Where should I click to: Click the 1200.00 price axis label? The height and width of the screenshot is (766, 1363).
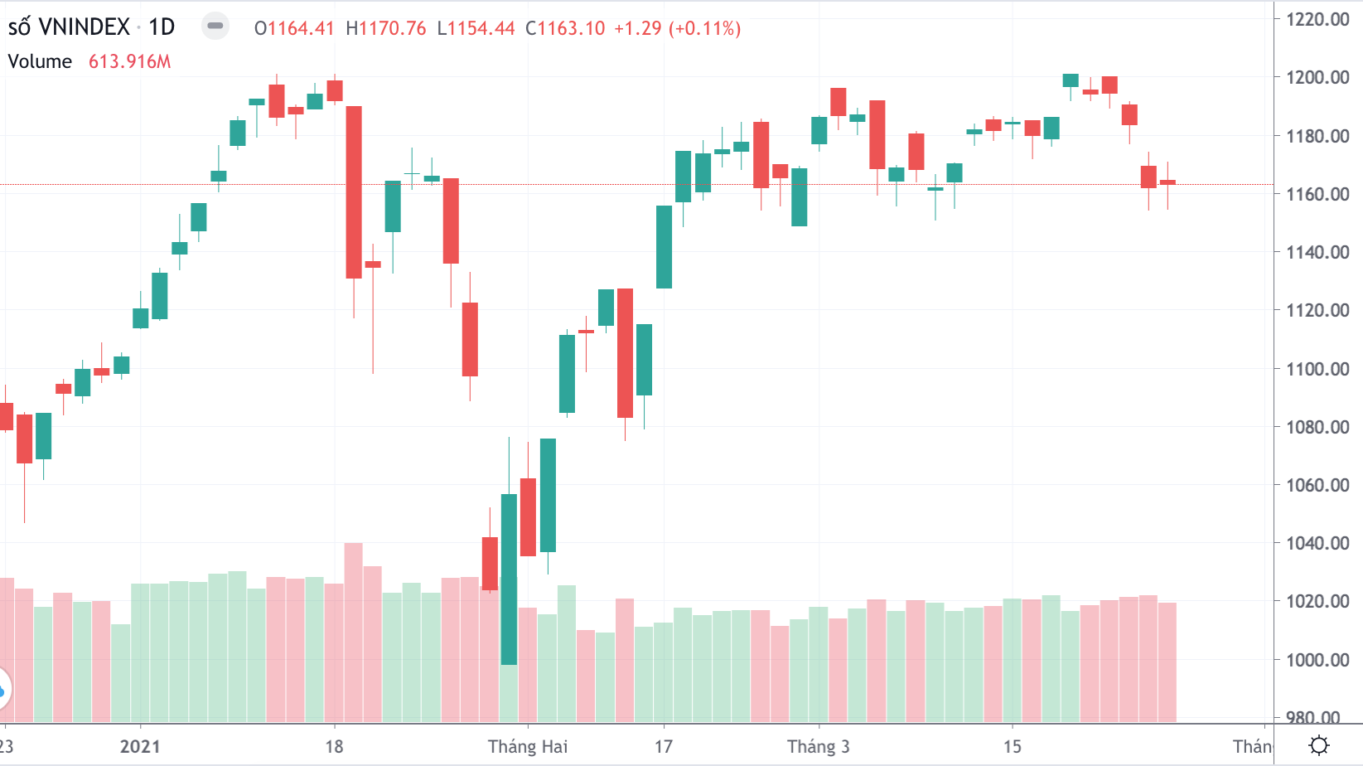click(1317, 77)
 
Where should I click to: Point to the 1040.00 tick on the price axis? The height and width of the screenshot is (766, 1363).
click(1317, 543)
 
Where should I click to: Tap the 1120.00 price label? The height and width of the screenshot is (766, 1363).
click(1317, 310)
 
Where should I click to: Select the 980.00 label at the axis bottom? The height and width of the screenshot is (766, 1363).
click(1317, 716)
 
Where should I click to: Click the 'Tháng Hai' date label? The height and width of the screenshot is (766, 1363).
click(528, 746)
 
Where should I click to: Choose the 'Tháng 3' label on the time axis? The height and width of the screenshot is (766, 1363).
click(818, 746)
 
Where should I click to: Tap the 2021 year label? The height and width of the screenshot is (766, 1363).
click(140, 746)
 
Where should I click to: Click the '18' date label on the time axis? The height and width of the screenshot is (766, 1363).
click(334, 746)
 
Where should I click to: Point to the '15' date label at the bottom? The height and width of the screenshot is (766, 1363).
click(1013, 746)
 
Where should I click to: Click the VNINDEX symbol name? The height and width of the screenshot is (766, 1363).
click(85, 27)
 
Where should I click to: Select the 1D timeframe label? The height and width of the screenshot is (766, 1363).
click(162, 27)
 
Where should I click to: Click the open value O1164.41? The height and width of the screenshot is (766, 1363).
click(294, 28)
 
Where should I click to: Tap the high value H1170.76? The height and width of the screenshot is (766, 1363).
click(386, 28)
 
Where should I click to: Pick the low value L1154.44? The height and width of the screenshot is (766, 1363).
click(476, 28)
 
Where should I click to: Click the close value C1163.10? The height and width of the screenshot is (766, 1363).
click(566, 28)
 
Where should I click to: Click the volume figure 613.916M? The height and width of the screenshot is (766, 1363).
click(129, 61)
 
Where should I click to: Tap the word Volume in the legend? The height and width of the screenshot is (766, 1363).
click(40, 61)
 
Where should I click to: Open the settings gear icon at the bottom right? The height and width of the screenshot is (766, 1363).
click(1319, 745)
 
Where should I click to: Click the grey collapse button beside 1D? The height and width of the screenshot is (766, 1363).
click(215, 26)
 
